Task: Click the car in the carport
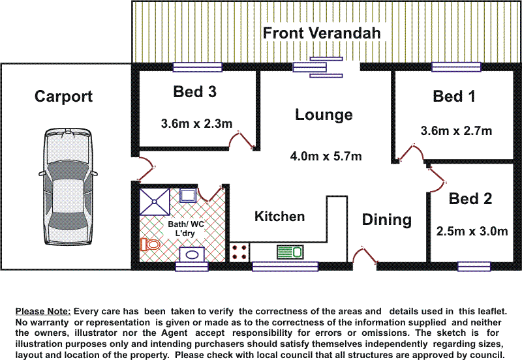(x=68, y=187)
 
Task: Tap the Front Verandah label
(x=322, y=33)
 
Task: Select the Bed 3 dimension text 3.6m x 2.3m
(x=196, y=124)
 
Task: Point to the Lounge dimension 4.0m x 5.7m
(x=326, y=156)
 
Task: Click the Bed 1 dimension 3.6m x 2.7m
(x=456, y=130)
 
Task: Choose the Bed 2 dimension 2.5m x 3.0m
(x=472, y=232)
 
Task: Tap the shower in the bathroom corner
(x=155, y=202)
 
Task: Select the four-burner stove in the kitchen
(x=239, y=252)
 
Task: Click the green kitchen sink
(x=290, y=252)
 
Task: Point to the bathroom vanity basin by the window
(x=192, y=255)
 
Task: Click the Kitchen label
(x=280, y=217)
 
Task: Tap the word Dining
(x=387, y=220)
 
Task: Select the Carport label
(x=63, y=97)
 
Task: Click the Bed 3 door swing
(x=241, y=141)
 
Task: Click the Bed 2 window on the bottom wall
(x=474, y=267)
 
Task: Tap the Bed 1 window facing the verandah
(x=456, y=67)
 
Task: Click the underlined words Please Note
(x=43, y=312)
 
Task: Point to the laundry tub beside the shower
(x=188, y=196)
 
